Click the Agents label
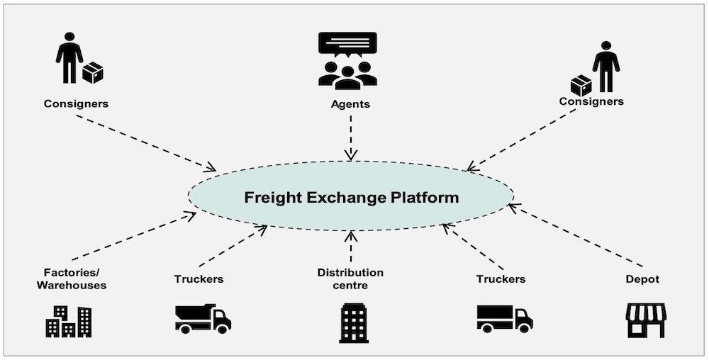350,104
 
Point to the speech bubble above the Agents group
347,44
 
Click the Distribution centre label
350,279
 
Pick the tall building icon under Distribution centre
353,322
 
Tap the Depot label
642,279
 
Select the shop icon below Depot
646,320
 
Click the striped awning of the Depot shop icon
646,311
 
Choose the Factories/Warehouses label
74,279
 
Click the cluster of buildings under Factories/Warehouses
69,321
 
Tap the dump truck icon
203,319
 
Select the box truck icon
504,318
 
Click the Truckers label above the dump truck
199,279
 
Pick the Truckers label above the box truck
501,279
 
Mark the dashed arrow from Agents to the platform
350,137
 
